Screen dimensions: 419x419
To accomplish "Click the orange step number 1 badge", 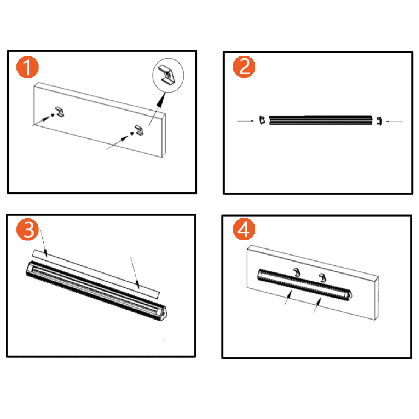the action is tap(27, 67).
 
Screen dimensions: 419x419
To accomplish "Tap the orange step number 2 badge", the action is tap(244, 67).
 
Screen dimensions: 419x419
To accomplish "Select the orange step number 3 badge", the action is tap(27, 230).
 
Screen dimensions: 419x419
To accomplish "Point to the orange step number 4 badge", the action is tap(244, 229).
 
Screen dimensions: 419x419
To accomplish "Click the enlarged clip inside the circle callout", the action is tap(167, 76).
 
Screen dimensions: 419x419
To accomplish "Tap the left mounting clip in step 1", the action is tap(60, 112).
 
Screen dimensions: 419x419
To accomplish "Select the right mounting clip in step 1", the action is tap(140, 130).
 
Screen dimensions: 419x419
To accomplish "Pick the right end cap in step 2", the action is tap(379, 121).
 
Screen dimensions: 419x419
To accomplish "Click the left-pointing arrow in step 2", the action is tap(394, 122).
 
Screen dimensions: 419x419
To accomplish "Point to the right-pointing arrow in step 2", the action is tap(246, 121).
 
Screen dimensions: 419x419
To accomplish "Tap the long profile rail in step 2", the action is tap(321, 120).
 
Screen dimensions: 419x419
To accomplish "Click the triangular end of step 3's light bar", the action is tap(161, 314).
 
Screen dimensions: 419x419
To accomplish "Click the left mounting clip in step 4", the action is tap(297, 272).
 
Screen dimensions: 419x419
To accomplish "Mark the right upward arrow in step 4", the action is tap(317, 305).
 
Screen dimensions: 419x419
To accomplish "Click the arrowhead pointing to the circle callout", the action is tap(161, 100).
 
